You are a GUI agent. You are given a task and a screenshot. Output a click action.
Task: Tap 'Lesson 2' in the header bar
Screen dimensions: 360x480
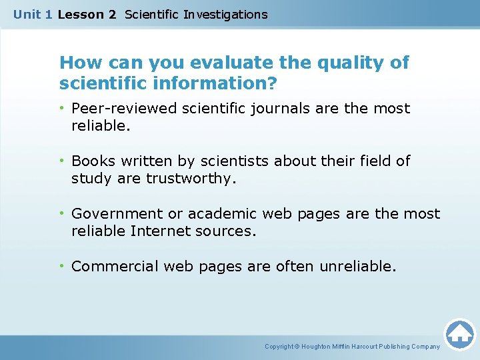87,14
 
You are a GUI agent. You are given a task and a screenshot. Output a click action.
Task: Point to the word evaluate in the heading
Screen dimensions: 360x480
225,63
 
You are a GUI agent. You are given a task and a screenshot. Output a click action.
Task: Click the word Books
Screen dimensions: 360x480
91,161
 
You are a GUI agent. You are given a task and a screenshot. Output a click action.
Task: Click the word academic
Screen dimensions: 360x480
222,213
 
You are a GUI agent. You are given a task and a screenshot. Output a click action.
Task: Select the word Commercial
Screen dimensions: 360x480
115,266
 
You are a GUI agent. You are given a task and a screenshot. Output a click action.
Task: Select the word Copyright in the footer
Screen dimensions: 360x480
279,347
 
